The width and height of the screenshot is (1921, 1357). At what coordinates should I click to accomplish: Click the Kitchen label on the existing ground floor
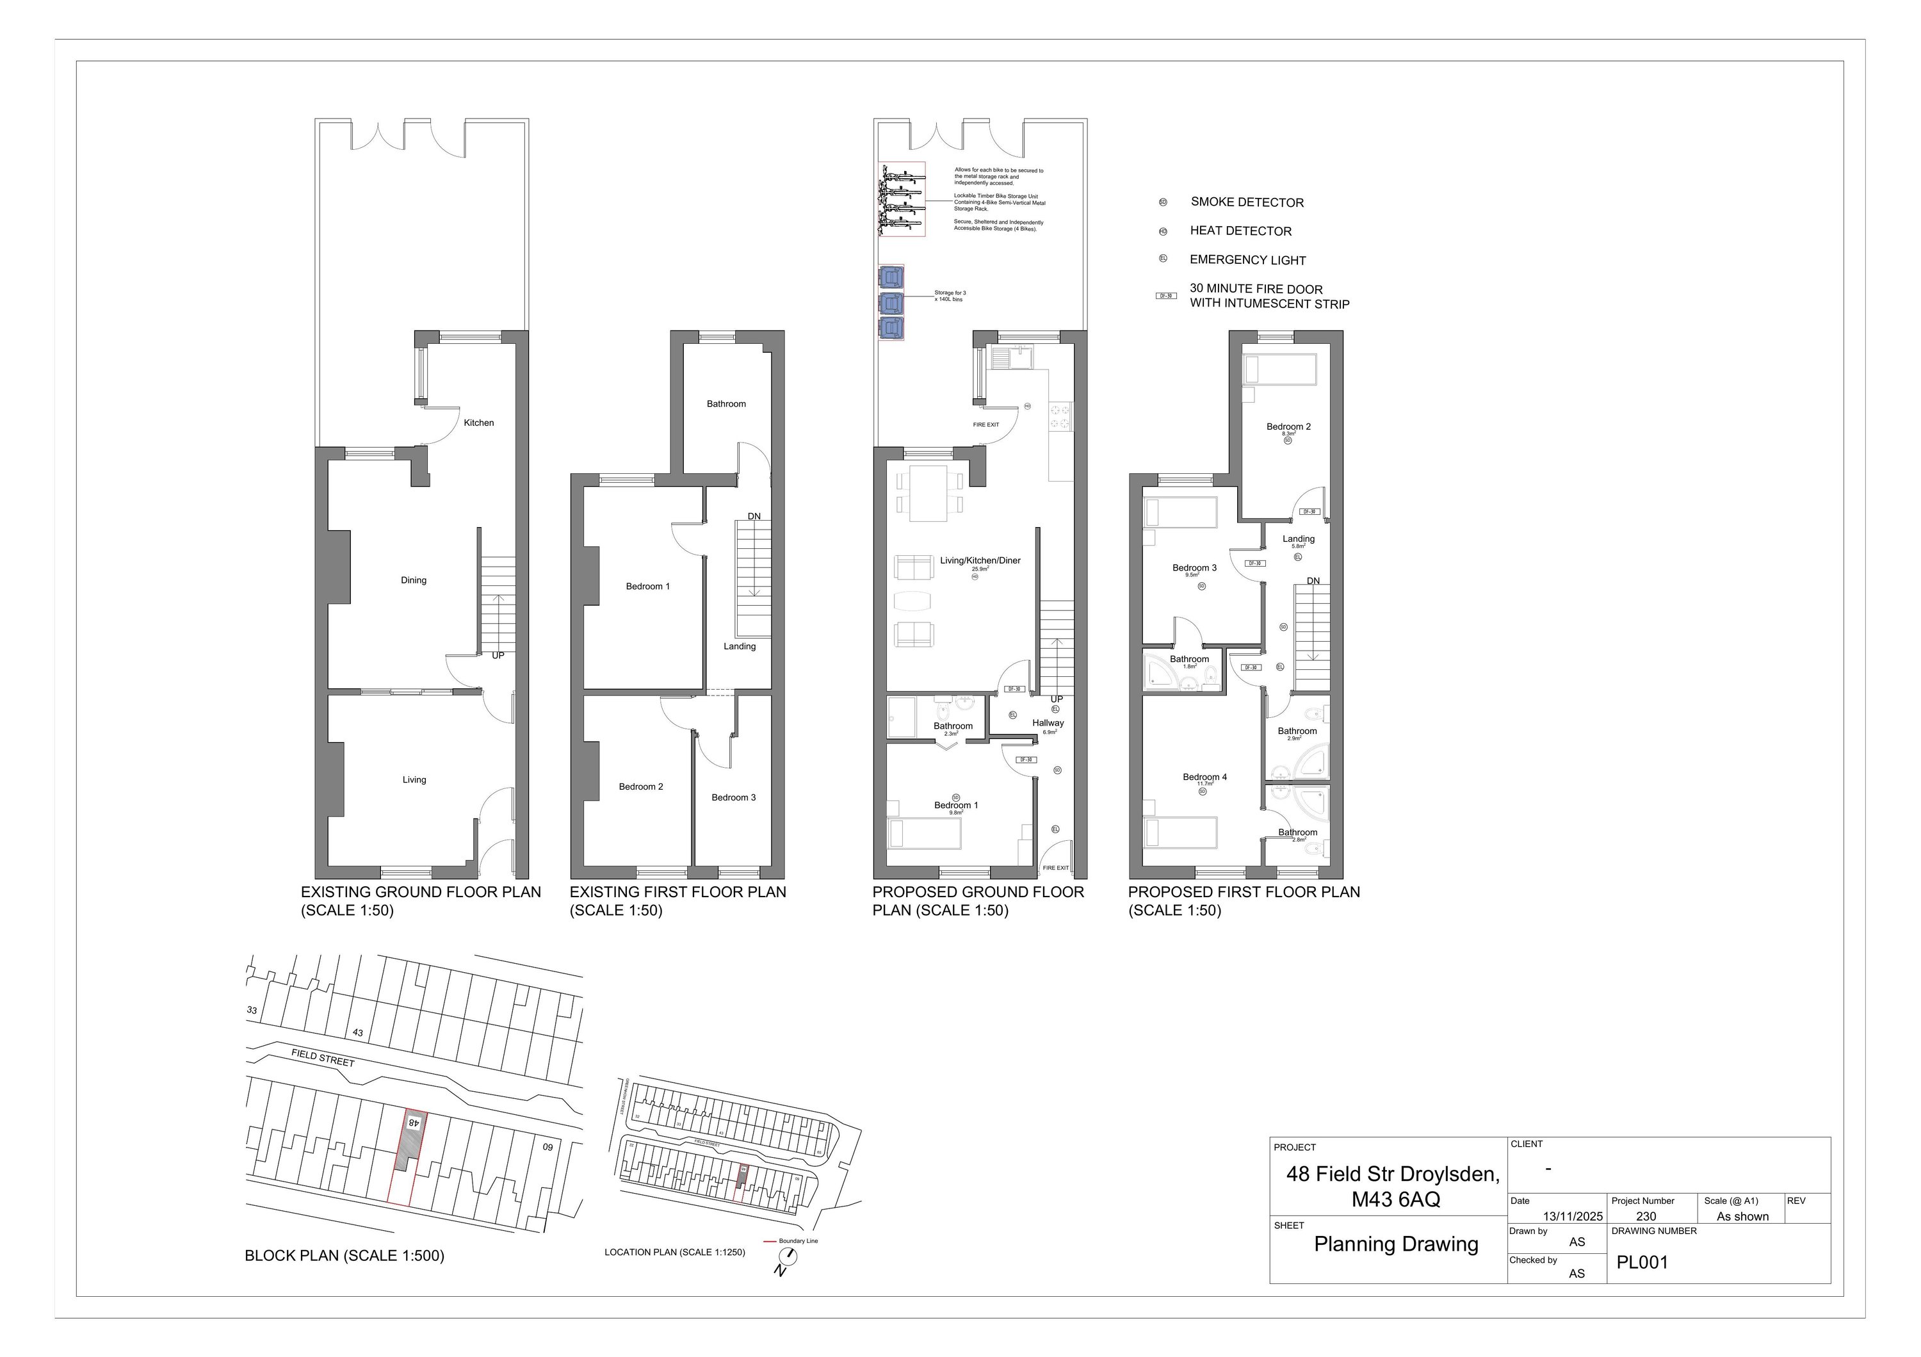[x=478, y=423]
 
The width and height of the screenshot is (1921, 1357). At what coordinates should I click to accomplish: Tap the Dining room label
[x=413, y=580]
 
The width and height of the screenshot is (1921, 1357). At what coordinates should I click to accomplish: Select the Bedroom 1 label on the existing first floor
[x=647, y=587]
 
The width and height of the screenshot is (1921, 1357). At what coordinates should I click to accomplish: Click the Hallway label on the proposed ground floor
[x=1048, y=723]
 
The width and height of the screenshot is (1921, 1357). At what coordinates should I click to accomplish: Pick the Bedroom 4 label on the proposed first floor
[x=1205, y=777]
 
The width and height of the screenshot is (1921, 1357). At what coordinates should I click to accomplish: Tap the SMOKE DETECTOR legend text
[x=1247, y=202]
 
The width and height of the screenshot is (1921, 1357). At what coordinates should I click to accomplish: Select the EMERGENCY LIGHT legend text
[x=1247, y=260]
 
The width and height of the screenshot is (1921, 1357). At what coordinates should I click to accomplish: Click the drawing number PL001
[x=1642, y=1262]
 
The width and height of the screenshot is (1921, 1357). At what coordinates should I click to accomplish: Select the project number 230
[x=1646, y=1217]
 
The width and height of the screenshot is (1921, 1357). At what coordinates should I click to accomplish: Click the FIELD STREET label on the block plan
[x=323, y=1059]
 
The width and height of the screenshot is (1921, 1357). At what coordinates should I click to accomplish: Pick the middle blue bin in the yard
[x=892, y=302]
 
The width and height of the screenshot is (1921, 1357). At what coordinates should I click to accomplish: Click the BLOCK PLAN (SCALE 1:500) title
[x=344, y=1256]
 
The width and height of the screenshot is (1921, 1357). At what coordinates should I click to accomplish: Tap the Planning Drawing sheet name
[x=1395, y=1244]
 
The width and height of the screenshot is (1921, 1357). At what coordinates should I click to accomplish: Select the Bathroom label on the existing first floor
[x=725, y=404]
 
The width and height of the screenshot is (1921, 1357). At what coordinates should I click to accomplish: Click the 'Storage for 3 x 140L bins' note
[x=950, y=296]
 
